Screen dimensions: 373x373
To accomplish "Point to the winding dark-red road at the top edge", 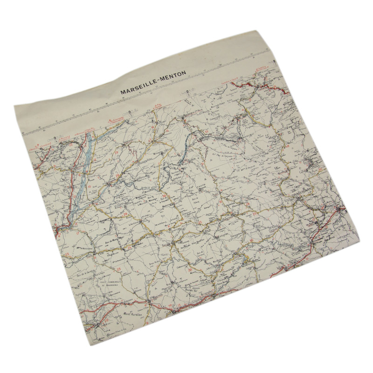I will (x=254, y=84).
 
